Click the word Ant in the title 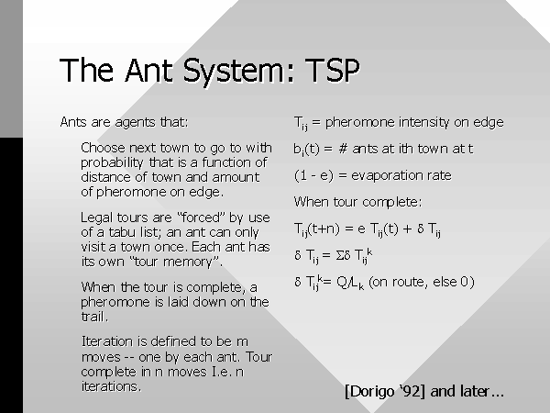pos(148,70)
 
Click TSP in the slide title pos(332,70)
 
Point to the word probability pos(112,163)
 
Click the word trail pos(94,317)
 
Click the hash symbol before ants pos(343,149)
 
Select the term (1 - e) pos(313,175)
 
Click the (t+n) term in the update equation pos(324,229)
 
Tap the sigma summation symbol pos(339,255)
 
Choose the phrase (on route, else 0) pos(422,282)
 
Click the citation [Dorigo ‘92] pos(385,391)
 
